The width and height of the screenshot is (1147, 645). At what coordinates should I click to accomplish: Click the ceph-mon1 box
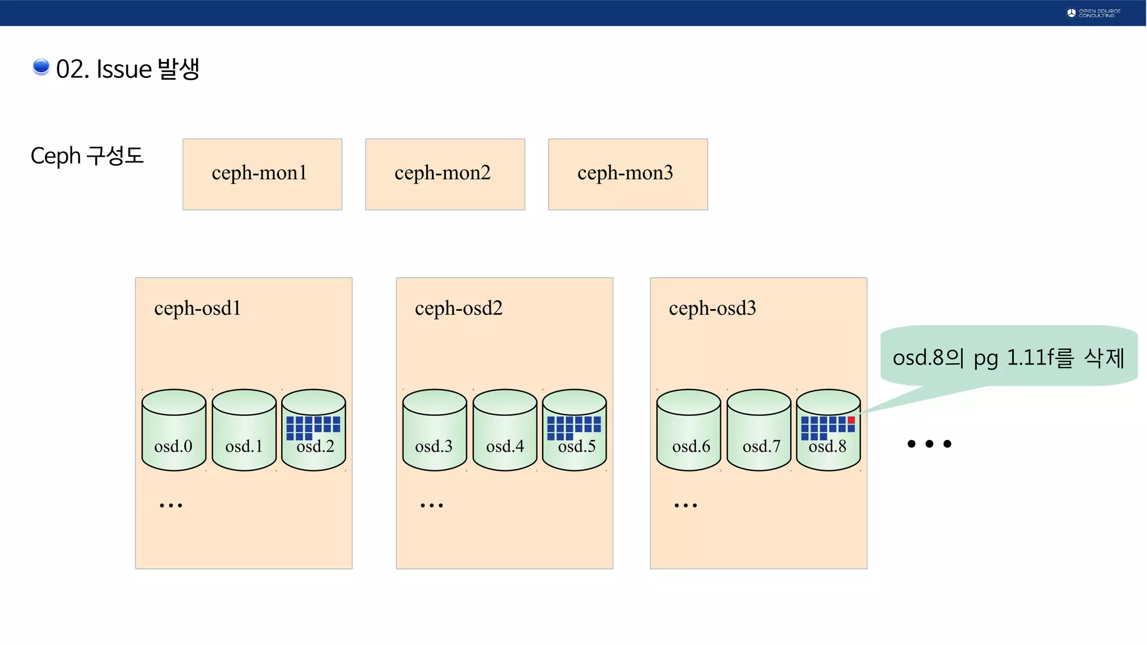[x=262, y=174]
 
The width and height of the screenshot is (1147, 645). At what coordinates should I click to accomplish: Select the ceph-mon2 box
[x=445, y=174]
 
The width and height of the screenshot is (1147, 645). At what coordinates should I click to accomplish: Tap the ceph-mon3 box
[x=628, y=174]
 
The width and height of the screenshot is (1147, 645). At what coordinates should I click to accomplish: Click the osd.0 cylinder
[x=174, y=430]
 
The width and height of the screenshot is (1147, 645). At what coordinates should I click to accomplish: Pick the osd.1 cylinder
[x=244, y=430]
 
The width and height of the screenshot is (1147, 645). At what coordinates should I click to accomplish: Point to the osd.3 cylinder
[x=434, y=430]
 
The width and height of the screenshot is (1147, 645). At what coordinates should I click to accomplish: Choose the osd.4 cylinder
[x=505, y=430]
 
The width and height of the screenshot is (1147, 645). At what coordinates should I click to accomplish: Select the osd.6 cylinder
[x=688, y=430]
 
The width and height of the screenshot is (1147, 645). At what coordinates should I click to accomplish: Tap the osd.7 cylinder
[x=759, y=430]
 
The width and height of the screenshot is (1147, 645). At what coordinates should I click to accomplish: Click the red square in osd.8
[x=851, y=420]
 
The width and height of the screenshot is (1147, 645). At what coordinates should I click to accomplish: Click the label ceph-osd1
[x=198, y=308]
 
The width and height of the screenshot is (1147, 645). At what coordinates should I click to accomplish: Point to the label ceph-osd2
[x=459, y=308]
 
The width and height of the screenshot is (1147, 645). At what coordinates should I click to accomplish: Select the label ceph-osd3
[x=712, y=308]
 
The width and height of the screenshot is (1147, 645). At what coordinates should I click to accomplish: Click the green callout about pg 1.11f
[x=1008, y=357]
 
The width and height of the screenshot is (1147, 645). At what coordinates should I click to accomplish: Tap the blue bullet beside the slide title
[x=41, y=67]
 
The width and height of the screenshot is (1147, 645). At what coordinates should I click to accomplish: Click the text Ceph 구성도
[x=87, y=156]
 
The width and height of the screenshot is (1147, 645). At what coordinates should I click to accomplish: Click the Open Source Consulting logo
[x=1093, y=13]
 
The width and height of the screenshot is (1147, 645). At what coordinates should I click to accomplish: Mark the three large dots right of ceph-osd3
[x=929, y=444]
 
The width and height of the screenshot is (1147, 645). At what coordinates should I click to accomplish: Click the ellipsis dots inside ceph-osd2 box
[x=431, y=505]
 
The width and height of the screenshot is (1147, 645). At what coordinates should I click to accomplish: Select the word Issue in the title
[x=124, y=69]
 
